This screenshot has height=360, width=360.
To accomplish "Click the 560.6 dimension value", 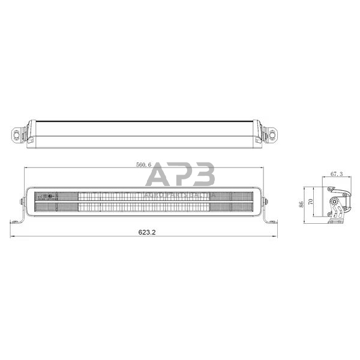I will click(144, 164).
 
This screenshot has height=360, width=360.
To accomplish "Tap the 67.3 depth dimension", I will click(337, 174).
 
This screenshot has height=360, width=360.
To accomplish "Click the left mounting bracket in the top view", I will click(19, 133).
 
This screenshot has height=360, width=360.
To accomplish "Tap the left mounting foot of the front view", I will click(18, 219).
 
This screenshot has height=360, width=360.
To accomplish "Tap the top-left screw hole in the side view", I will click(331, 190).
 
